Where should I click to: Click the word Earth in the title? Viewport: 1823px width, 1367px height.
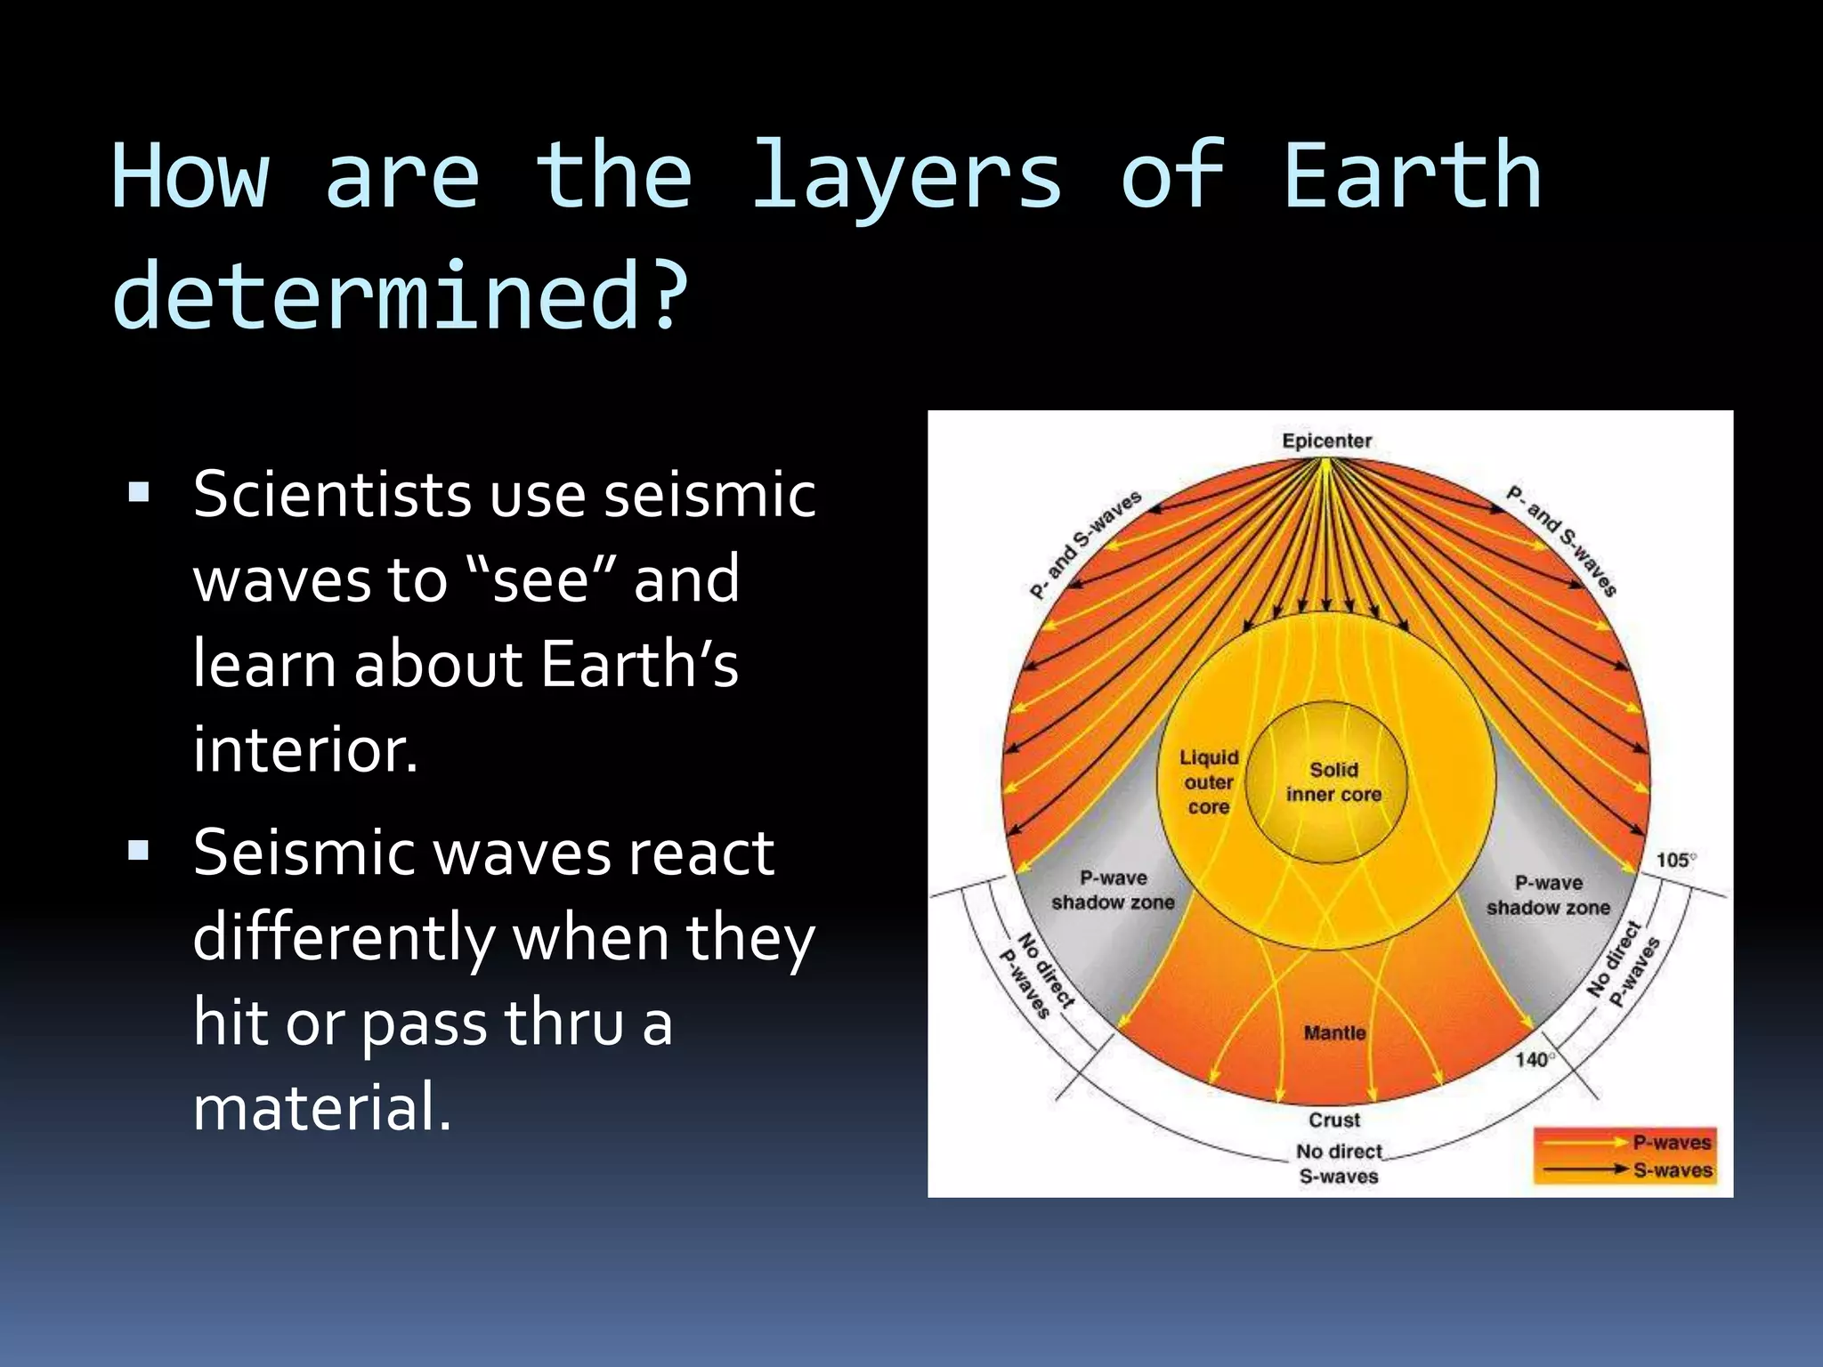(x=1412, y=177)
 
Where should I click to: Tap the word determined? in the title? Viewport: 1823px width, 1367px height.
(x=401, y=296)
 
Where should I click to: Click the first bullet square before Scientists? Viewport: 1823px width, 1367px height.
(x=139, y=492)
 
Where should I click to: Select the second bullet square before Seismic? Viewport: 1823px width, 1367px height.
(x=139, y=851)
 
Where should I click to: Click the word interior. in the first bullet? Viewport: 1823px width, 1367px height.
(x=305, y=749)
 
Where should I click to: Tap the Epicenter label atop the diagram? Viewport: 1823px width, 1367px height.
(x=1326, y=441)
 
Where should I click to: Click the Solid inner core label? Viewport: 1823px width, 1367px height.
(x=1333, y=782)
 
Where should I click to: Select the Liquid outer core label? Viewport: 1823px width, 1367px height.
(x=1209, y=782)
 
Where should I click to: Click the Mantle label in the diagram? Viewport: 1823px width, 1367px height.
(x=1334, y=1033)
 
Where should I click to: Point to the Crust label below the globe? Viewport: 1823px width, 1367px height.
(x=1334, y=1120)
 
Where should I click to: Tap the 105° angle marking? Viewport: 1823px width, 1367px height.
(x=1675, y=860)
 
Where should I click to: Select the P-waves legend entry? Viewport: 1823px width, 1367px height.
(x=1671, y=1143)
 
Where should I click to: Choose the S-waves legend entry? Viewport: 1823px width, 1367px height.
(x=1671, y=1170)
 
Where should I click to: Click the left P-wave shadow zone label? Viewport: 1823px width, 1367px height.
(x=1113, y=890)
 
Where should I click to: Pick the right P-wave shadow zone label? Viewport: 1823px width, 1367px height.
(x=1548, y=895)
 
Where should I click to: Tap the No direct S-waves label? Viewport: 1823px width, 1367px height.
(x=1339, y=1164)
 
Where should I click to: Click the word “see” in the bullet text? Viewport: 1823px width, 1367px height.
(x=541, y=579)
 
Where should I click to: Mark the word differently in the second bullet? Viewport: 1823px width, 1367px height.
(x=344, y=938)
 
